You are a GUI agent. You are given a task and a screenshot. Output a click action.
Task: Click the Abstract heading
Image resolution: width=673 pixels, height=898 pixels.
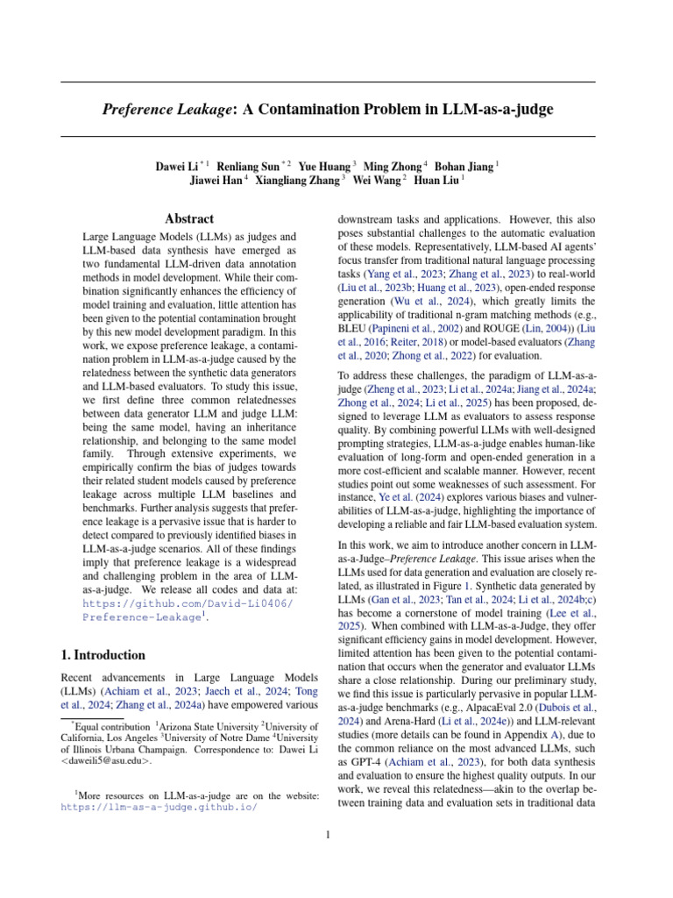[190, 218]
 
